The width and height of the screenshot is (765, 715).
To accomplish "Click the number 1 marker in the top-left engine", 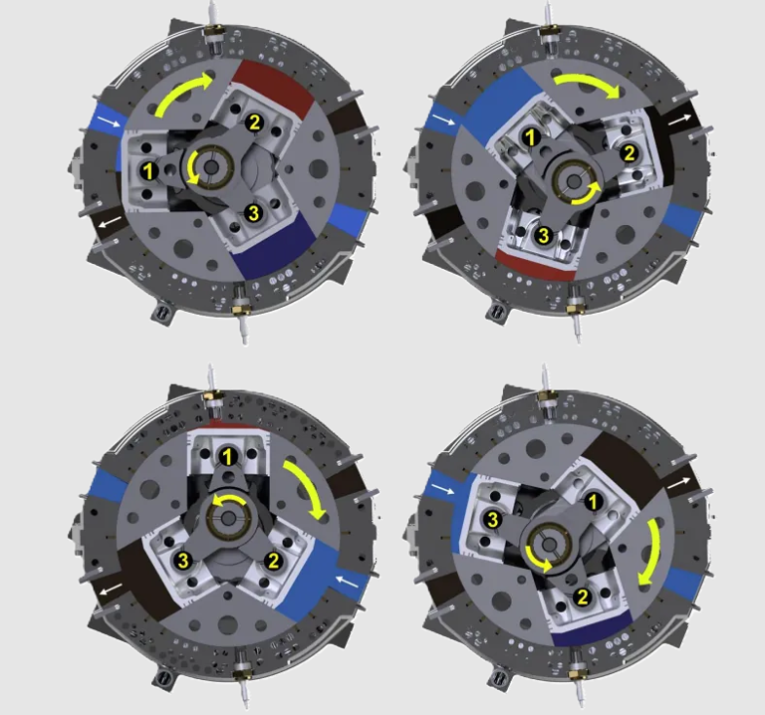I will [x=148, y=170].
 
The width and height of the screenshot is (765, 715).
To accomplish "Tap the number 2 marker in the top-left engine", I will [x=255, y=122].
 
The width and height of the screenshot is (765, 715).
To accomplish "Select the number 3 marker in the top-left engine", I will [x=254, y=213].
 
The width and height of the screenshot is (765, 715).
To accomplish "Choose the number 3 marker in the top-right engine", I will [x=543, y=235].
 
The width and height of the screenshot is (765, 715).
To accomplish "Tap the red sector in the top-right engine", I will [x=538, y=261].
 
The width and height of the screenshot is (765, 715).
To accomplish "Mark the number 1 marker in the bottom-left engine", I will [x=229, y=457].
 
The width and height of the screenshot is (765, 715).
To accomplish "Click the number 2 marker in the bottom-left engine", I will [x=269, y=560].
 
